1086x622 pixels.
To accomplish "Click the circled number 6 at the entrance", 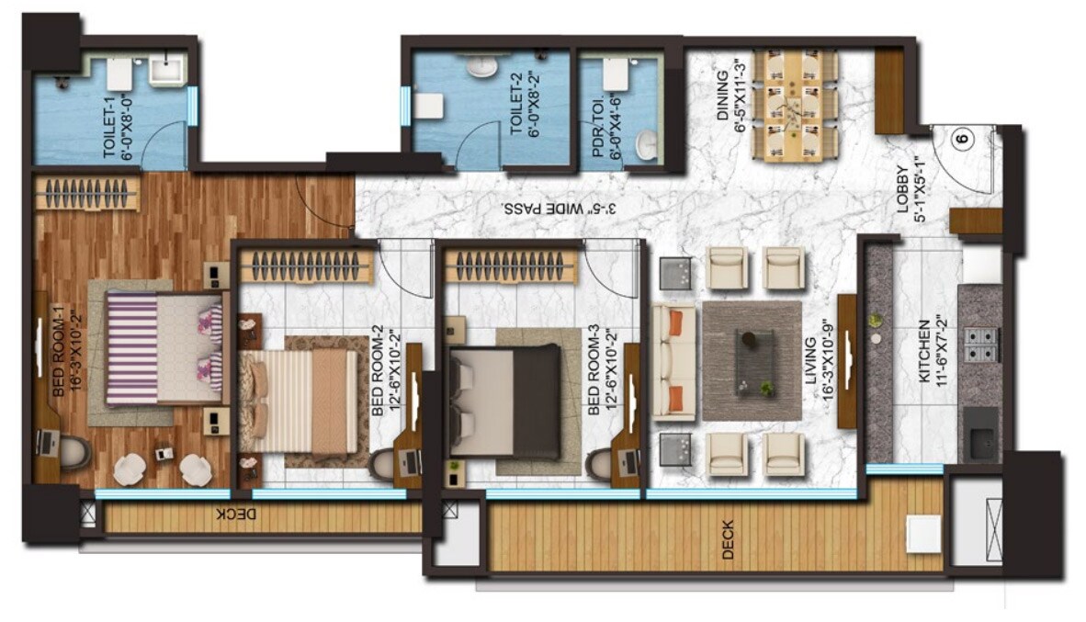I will click(962, 140).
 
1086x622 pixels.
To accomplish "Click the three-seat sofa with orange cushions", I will click(674, 362).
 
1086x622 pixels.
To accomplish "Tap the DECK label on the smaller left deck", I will click(232, 515).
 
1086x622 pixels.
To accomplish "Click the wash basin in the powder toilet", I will click(649, 143).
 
